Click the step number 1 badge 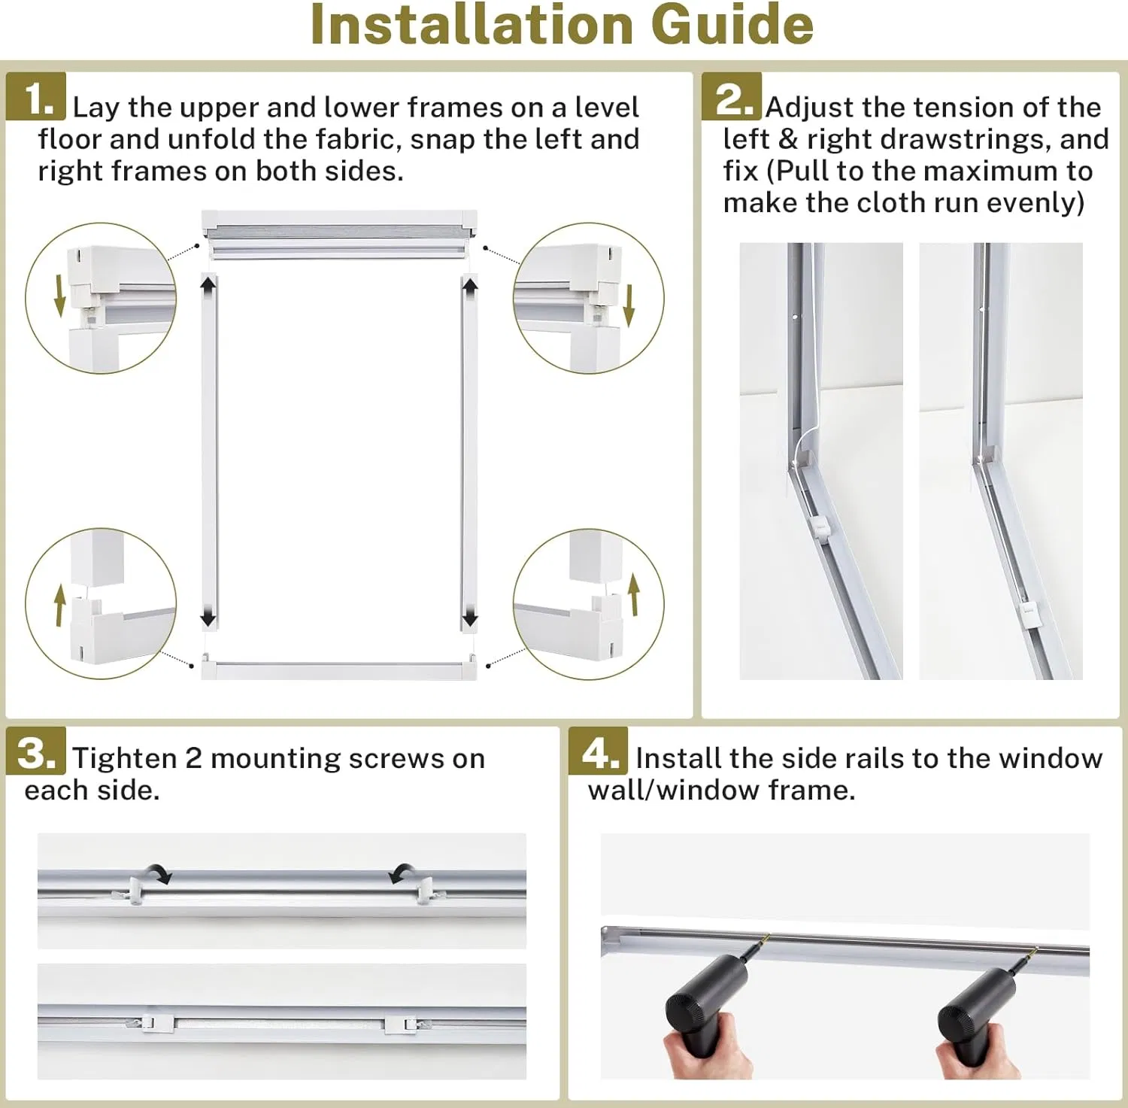[x=36, y=96]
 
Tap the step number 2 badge [x=732, y=96]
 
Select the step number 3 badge [x=36, y=751]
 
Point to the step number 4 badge [x=599, y=751]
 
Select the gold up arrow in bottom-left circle [x=59, y=606]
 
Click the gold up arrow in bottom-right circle [x=634, y=594]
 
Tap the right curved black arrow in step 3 [x=403, y=873]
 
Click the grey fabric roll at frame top [x=338, y=239]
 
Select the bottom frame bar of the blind [x=338, y=669]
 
